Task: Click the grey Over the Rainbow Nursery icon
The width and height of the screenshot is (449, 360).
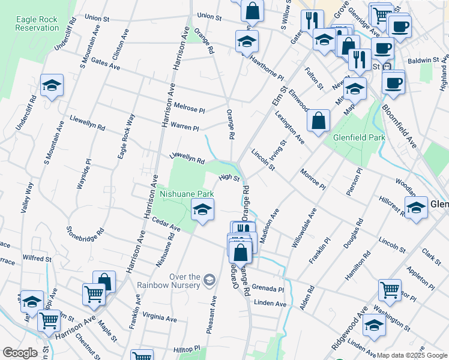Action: (209, 279)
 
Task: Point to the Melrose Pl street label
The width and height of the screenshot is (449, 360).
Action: (189, 108)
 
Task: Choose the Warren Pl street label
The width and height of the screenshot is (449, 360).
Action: (185, 128)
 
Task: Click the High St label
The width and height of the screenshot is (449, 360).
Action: (229, 178)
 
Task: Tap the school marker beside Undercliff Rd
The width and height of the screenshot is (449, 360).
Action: (52, 86)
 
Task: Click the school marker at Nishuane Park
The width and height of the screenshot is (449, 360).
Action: (203, 210)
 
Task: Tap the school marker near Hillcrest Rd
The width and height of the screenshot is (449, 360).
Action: (415, 208)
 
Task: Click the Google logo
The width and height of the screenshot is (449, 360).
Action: (20, 353)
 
